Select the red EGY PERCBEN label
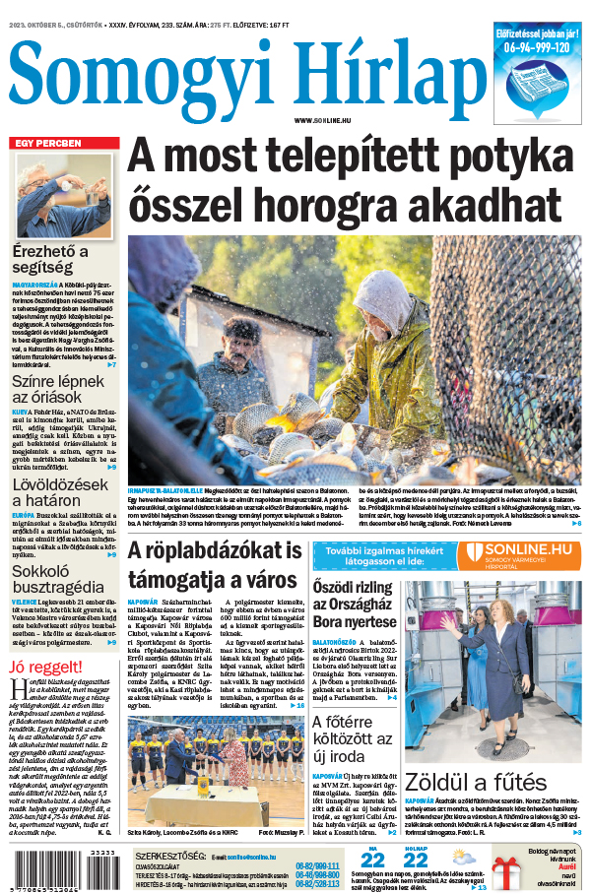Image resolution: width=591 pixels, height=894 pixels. [x=46, y=143]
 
